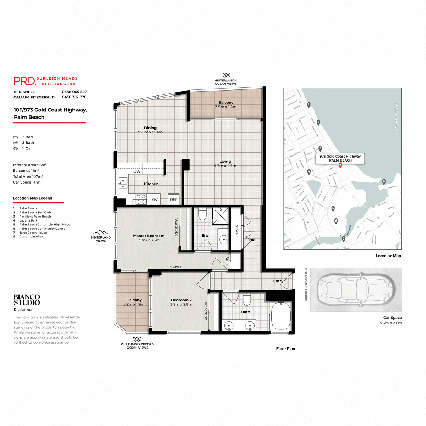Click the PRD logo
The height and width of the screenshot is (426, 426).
click(x=25, y=81)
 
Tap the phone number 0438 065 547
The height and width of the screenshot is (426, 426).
click(x=74, y=92)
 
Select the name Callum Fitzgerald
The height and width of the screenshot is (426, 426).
click(x=34, y=97)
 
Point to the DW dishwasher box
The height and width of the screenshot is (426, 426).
click(x=137, y=171)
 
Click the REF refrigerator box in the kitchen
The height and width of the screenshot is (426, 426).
click(x=174, y=200)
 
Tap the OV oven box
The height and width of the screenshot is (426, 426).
click(x=155, y=200)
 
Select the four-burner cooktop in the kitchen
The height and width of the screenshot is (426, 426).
click(x=141, y=199)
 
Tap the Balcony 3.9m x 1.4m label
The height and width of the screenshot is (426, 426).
click(x=226, y=104)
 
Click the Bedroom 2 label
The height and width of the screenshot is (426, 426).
click(x=181, y=302)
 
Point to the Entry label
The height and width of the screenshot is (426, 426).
click(x=278, y=281)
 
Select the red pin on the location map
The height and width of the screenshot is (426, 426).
click(x=340, y=165)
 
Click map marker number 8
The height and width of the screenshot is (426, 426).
click(x=384, y=181)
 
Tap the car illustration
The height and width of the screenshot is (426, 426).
click(x=356, y=290)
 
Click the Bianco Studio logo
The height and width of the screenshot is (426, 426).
click(x=27, y=300)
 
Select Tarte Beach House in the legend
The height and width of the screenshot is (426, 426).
click(x=33, y=233)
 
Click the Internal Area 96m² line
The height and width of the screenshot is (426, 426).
click(x=30, y=165)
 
